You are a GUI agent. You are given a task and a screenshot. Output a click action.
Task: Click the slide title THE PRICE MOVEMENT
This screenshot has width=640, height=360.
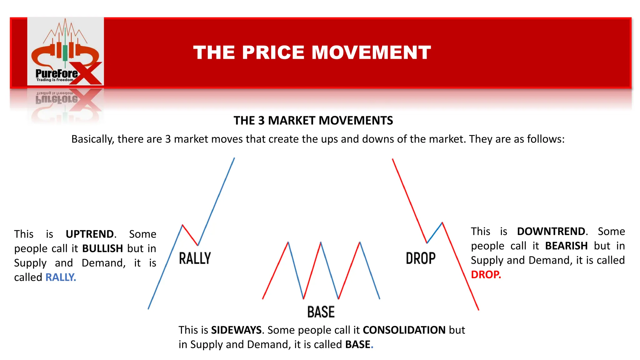(x=312, y=52)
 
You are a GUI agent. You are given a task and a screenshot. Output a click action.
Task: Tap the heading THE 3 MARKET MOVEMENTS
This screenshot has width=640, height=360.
(x=313, y=121)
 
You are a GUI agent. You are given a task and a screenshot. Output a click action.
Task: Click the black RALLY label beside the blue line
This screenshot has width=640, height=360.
(x=195, y=258)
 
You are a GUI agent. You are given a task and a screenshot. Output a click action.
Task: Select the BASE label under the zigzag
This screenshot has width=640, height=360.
(x=321, y=312)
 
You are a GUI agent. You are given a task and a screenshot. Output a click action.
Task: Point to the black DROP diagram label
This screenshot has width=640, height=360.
(x=421, y=258)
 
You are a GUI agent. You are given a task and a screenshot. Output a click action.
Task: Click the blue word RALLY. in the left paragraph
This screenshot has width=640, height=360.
(x=61, y=277)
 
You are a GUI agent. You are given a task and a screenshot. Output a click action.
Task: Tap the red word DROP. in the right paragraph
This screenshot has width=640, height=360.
(x=486, y=275)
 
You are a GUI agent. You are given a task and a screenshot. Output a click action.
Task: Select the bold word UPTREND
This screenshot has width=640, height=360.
(x=90, y=234)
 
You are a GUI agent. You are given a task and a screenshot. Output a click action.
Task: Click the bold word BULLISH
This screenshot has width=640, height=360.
(x=102, y=248)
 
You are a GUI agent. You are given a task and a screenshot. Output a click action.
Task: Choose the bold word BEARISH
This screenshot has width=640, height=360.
(x=566, y=246)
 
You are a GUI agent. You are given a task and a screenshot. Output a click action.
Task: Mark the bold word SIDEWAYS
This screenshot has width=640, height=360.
(x=237, y=330)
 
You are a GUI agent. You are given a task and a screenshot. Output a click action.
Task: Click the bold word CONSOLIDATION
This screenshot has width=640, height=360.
(x=404, y=330)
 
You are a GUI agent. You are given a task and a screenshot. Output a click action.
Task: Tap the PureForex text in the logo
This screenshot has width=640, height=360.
(x=57, y=74)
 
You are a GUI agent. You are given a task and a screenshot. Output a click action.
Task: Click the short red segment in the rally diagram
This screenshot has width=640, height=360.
(x=190, y=235)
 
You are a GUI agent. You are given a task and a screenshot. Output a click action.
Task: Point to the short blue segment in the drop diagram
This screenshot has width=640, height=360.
(x=435, y=232)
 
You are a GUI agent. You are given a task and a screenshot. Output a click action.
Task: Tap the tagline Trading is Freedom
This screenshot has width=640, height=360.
(x=55, y=80)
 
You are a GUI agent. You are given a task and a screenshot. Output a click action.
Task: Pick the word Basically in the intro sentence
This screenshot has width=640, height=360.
(x=92, y=139)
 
